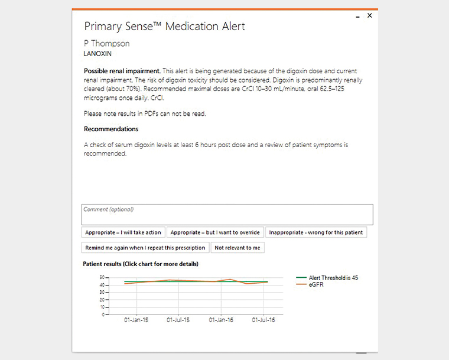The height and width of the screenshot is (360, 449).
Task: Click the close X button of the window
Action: [x=370, y=16]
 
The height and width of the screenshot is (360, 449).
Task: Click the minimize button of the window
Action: [x=357, y=17]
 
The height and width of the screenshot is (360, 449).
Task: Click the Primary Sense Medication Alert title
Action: [x=164, y=27]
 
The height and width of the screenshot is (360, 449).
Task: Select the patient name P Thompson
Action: [x=106, y=43]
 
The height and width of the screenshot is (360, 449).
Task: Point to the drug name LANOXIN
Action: [x=99, y=53]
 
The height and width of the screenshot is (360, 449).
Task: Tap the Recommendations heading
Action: [x=111, y=129]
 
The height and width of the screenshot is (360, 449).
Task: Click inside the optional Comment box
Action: [x=227, y=215]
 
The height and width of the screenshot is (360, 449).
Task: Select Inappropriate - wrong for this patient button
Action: [x=315, y=232]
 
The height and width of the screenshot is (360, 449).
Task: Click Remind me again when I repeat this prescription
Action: [x=145, y=248]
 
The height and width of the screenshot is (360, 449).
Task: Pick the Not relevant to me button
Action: [x=237, y=248]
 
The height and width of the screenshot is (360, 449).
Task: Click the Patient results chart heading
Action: [x=141, y=264]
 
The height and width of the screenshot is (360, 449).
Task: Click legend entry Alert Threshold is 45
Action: [x=333, y=278]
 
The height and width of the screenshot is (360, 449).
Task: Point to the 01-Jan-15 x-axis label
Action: [x=136, y=320]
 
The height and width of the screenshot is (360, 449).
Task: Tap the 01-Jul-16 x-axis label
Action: [x=263, y=320]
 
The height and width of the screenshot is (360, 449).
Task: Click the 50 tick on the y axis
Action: [x=102, y=277]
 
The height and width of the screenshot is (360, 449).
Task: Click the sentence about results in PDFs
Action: [x=145, y=113]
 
